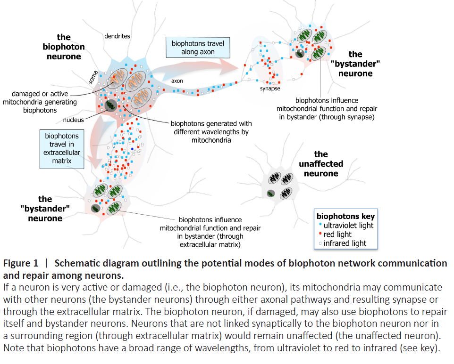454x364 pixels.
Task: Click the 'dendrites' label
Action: point(117,36)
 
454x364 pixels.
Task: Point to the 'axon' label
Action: point(177,81)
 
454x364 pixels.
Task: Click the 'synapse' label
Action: point(270,89)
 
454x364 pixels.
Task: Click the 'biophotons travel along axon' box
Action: point(198,48)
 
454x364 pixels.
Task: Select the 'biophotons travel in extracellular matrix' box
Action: point(62,148)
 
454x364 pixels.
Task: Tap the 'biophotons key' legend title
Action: point(345,216)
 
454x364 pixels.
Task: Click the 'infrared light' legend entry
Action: point(345,243)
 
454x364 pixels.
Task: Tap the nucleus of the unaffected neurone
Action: point(270,193)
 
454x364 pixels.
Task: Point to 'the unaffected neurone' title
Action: point(320,163)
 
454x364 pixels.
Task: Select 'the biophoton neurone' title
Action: point(64,47)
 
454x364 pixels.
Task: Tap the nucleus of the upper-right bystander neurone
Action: point(299,53)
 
